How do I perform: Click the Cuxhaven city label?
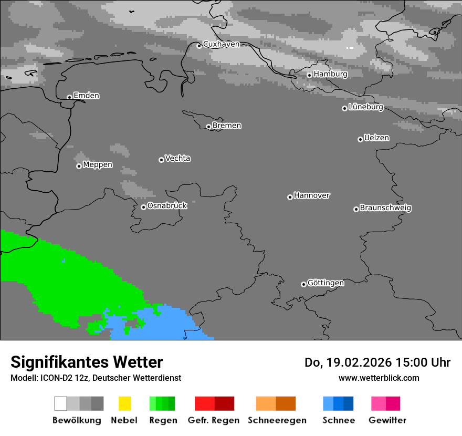point(221,44)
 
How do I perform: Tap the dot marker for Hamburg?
point(309,75)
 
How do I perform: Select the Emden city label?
point(86,96)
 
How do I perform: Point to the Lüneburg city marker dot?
point(344,108)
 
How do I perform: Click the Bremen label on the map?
point(227,126)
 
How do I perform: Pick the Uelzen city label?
point(376,138)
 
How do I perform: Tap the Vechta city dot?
point(161,160)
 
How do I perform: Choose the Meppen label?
point(98,164)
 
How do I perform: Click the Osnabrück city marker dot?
point(143,207)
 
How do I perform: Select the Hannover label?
point(312,195)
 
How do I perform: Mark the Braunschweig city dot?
point(356,209)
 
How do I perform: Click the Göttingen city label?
point(325,283)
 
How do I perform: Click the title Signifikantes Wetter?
point(87,362)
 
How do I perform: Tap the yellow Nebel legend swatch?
point(124,403)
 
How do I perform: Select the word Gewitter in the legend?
point(387,420)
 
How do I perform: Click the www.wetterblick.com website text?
point(379,378)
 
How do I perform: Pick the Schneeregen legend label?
point(277,420)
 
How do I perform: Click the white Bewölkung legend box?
point(61,403)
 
